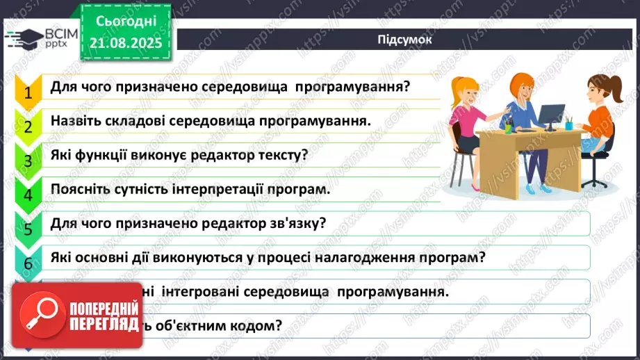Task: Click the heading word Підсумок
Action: pos(405,40)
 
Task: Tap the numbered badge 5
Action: pos(28,229)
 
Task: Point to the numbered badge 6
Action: pos(28,263)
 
